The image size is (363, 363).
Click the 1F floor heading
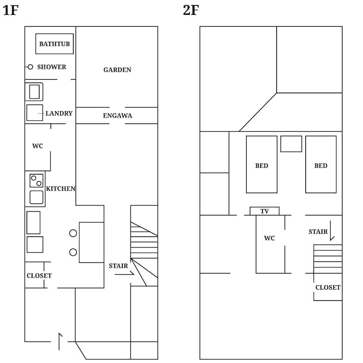pos(10,11)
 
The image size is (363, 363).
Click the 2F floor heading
pos(191,11)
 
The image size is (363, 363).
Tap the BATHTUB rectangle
pos(54,44)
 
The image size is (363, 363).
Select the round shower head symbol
pos(30,67)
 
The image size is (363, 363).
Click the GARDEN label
pos(117,70)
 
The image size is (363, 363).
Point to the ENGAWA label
pos(117,116)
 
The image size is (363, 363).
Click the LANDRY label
pos(59,113)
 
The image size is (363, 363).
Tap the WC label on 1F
pos(37,146)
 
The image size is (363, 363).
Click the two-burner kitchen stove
pos(36,180)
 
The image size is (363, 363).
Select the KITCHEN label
pos(61,189)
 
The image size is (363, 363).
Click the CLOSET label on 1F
pos(39,276)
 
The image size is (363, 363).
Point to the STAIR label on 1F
pos(118,266)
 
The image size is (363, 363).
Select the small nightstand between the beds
pos(291,144)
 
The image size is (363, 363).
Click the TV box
pos(264,211)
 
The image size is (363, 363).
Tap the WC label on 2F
pos(269,238)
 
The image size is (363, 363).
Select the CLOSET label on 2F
pos(328,287)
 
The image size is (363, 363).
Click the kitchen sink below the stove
pos(36,197)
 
